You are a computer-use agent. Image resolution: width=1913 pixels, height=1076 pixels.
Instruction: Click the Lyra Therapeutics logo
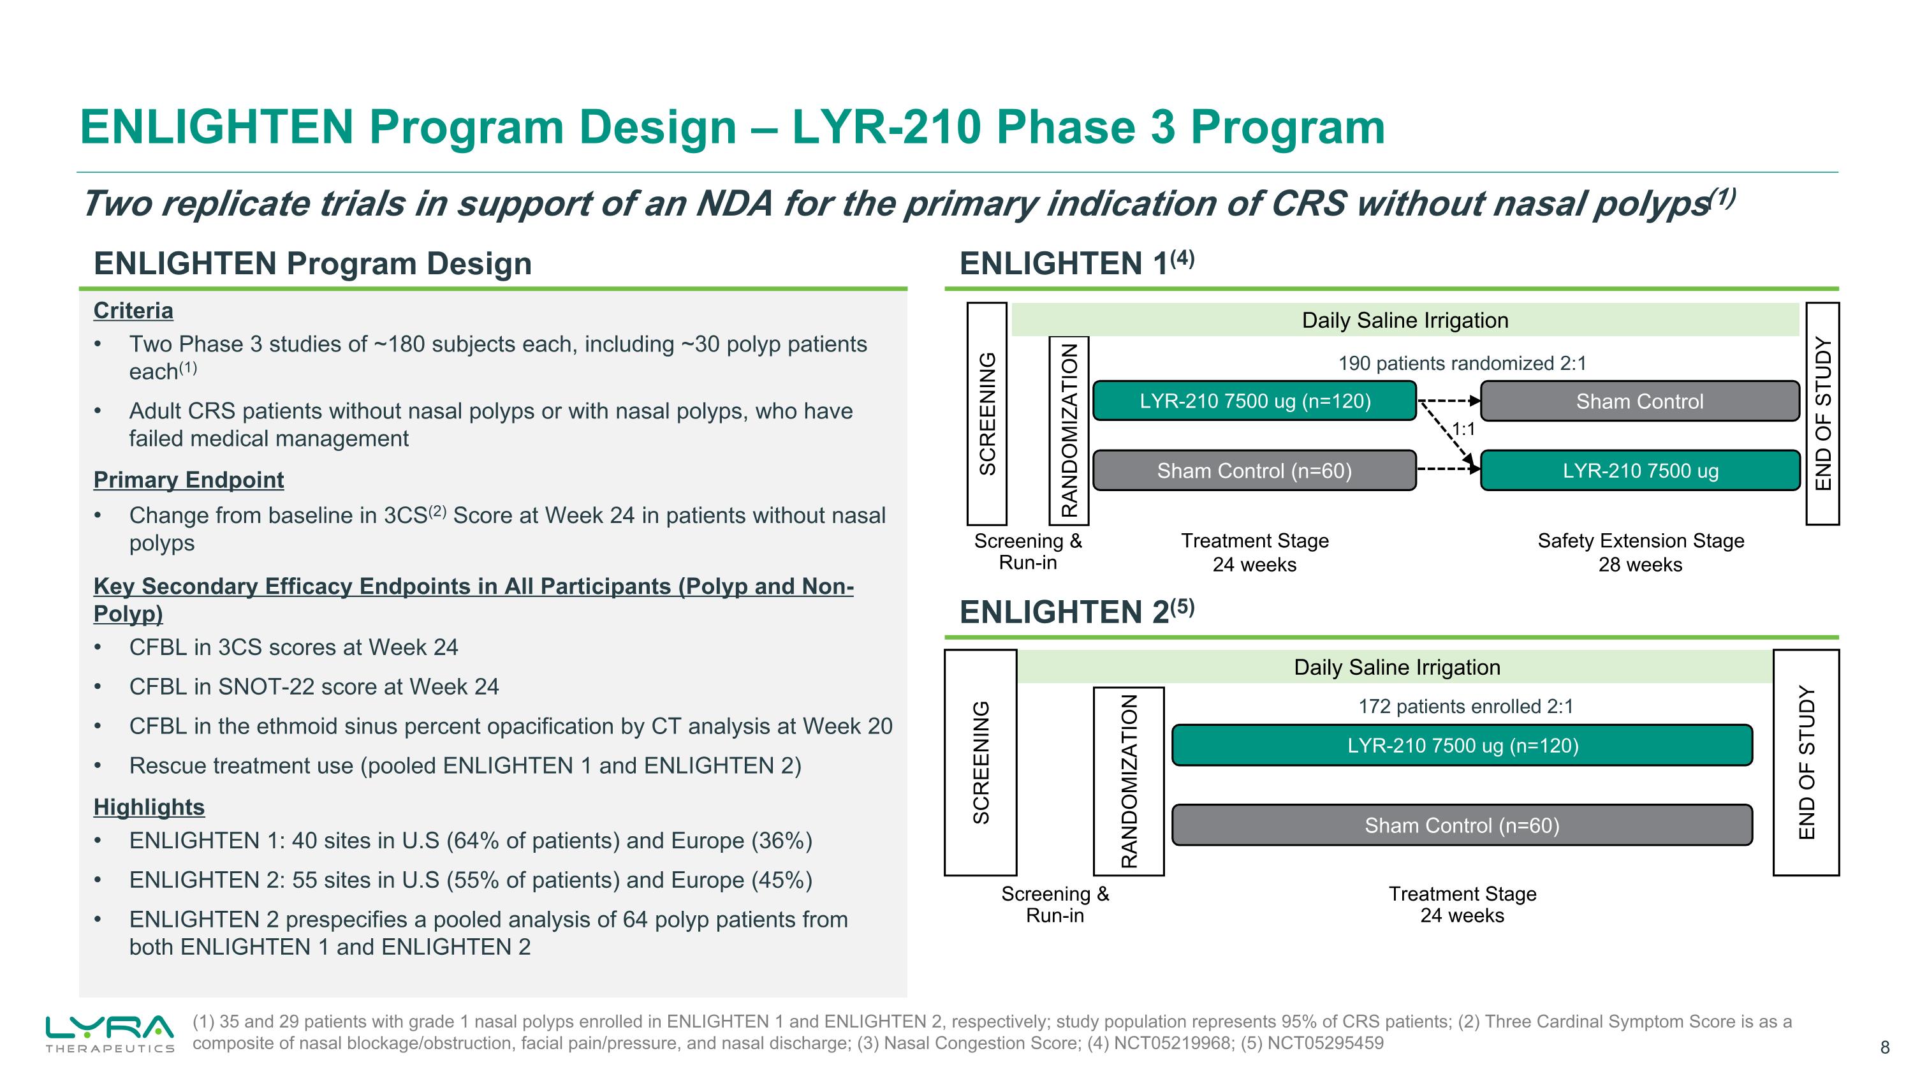point(110,1032)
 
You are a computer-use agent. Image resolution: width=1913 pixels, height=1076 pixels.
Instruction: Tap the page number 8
point(1884,1048)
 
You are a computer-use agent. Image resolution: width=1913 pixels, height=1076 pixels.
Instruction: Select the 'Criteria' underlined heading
point(133,311)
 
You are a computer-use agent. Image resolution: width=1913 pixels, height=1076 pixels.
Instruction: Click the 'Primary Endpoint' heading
point(189,480)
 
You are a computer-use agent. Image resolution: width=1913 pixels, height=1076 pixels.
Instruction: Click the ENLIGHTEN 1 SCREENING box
point(986,413)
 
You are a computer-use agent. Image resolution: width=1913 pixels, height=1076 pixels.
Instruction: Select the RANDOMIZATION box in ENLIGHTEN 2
point(1128,781)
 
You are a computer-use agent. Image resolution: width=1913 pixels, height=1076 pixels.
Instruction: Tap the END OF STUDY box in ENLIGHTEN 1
point(1822,413)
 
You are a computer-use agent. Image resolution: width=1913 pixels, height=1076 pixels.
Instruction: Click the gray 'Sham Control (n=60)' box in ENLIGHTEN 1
point(1254,471)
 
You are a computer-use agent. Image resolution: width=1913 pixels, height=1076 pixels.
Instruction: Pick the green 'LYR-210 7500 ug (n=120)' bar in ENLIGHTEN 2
point(1462,746)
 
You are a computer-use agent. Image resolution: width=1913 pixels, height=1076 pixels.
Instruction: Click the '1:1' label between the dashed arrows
point(1463,429)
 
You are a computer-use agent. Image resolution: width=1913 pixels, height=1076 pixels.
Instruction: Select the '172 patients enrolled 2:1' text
point(1465,706)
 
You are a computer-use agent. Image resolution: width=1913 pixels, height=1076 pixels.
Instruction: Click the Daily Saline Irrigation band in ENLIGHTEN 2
point(1396,667)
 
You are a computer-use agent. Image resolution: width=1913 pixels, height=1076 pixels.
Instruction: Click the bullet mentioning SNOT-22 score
point(313,686)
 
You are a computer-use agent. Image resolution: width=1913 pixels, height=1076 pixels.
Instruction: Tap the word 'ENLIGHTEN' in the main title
point(216,126)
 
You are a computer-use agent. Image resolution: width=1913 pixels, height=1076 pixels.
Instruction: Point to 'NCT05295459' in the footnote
point(1325,1043)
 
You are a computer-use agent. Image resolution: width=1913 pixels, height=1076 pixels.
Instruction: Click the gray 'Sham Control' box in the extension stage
point(1639,402)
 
